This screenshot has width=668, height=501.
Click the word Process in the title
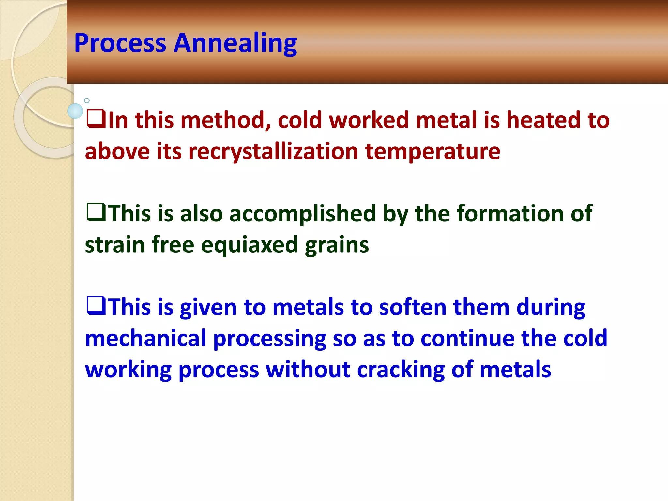[120, 43]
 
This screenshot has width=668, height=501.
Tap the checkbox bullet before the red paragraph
[96, 119]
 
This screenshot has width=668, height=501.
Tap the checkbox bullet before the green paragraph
[96, 212]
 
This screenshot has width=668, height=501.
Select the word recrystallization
[273, 152]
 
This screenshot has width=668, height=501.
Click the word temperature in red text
[433, 152]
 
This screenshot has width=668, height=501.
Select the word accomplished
[303, 214]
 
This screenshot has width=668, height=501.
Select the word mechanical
[145, 338]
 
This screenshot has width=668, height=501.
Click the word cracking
[401, 370]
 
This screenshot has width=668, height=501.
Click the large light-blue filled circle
[75, 111]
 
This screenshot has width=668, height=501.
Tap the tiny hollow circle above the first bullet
[87, 101]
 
